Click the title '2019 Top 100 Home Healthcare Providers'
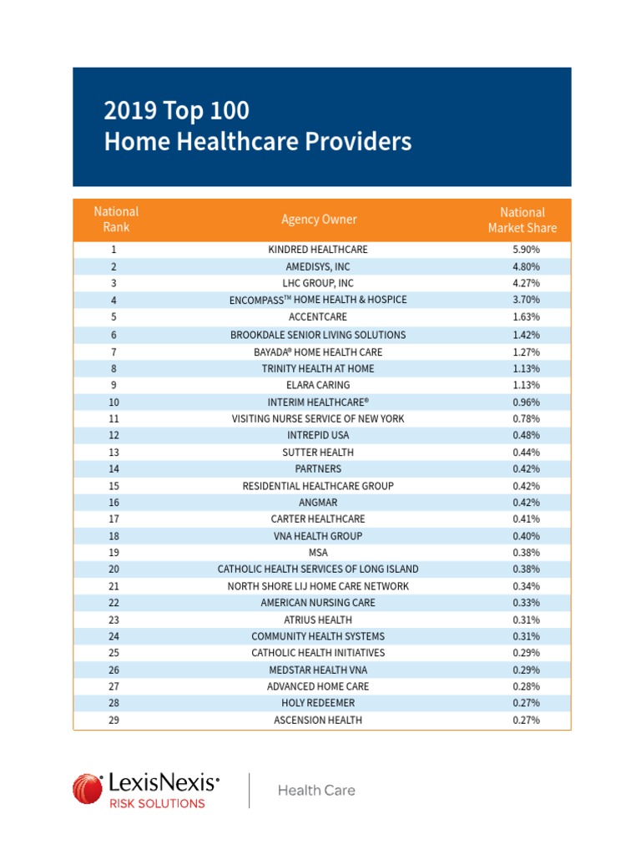(257, 126)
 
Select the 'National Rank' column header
(116, 220)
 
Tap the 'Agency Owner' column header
(319, 220)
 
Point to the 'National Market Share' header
(522, 220)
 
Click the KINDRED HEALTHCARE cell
(318, 250)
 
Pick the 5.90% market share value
(526, 250)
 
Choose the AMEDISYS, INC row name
(318, 267)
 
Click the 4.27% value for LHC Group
(526, 284)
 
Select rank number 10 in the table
(114, 402)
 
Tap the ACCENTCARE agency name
(318, 317)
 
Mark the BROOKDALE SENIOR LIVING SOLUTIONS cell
(318, 335)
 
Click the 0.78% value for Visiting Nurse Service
(526, 419)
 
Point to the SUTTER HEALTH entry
(318, 453)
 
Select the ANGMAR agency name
(318, 503)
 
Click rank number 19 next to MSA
(114, 553)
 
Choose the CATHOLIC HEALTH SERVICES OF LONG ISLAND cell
(318, 569)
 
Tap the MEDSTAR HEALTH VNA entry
(318, 670)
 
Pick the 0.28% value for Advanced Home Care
(526, 686)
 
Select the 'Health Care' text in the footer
(316, 790)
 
